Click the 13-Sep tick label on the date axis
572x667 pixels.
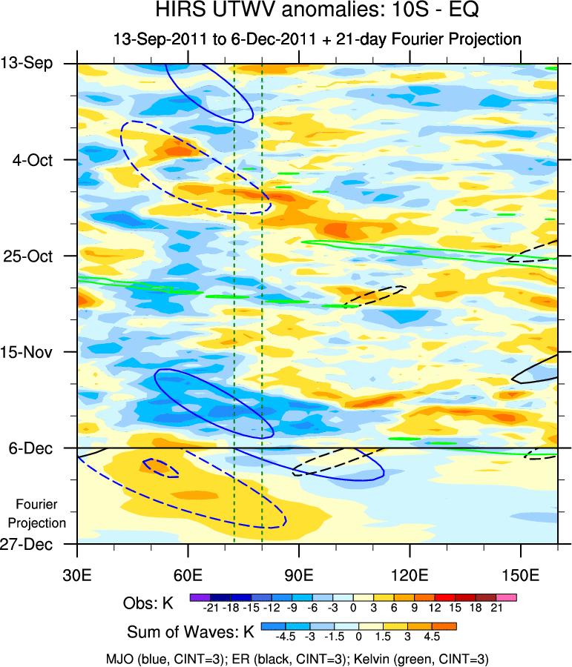point(36,64)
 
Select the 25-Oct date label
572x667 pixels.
point(35,256)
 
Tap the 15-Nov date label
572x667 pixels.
point(35,352)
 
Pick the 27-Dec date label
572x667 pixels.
point(36,545)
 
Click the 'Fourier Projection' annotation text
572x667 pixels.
point(42,514)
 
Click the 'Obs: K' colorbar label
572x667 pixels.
point(148,604)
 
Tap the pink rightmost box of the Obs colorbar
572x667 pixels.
point(506,597)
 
